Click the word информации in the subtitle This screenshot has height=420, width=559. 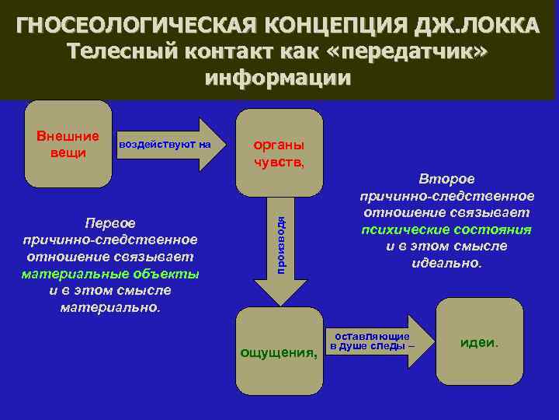click(x=278, y=78)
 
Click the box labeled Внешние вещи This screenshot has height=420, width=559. click(x=68, y=144)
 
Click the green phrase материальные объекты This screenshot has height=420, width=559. click(x=110, y=274)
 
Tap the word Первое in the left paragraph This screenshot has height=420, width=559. click(x=110, y=223)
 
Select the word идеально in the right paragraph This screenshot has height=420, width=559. click(x=446, y=263)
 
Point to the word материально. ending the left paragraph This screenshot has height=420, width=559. click(x=110, y=307)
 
